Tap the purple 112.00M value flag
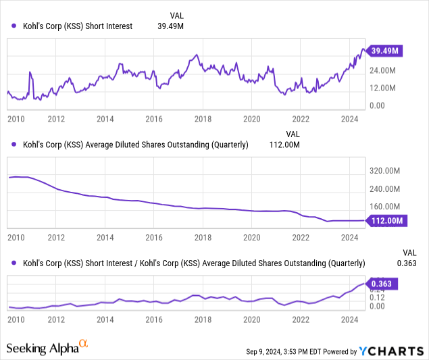pos(386,220)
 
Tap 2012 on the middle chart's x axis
pos(56,238)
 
